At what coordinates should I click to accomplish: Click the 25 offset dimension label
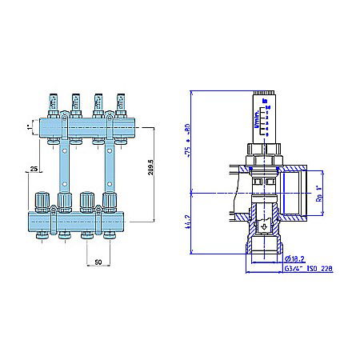(x=32, y=170)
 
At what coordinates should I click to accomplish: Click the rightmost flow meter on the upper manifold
(x=121, y=103)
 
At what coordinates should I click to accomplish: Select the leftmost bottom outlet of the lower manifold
(x=42, y=235)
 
